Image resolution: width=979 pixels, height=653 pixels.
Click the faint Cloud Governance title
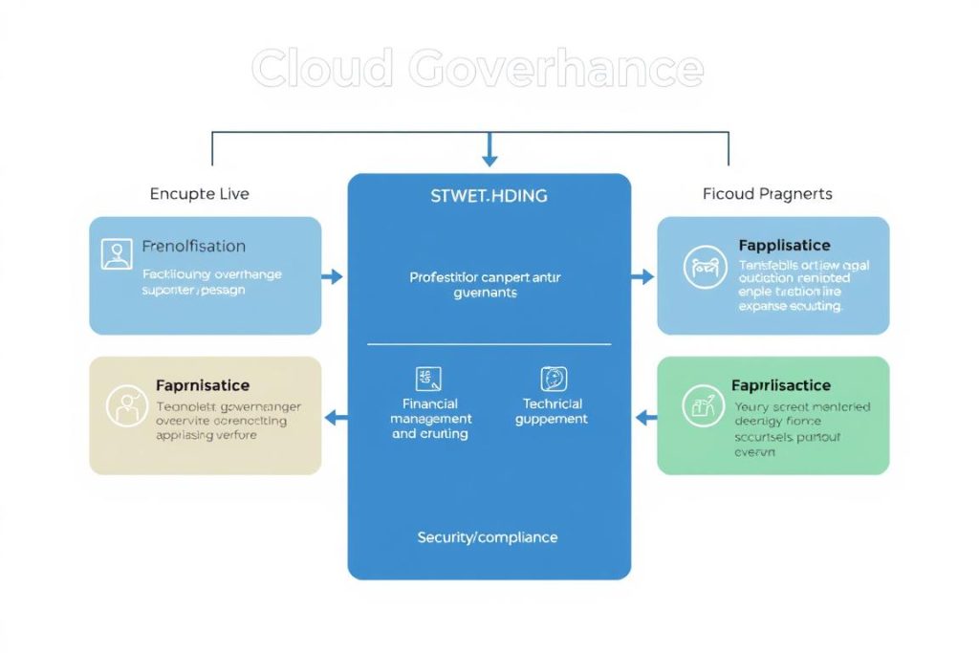click(477, 70)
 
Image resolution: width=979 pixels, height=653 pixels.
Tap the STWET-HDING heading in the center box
click(489, 196)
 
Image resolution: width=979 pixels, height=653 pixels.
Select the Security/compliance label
click(488, 537)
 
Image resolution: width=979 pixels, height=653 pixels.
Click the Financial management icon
click(427, 379)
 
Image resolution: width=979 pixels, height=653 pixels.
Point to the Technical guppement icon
click(554, 379)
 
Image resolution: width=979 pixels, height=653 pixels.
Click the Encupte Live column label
click(199, 194)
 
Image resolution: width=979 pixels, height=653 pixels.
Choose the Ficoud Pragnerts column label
click(767, 194)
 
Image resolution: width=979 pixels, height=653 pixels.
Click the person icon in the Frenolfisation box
click(117, 253)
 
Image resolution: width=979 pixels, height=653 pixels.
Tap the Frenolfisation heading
click(193, 247)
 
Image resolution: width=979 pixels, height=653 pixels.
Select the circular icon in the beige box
click(125, 405)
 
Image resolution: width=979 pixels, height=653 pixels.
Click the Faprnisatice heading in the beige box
click(202, 385)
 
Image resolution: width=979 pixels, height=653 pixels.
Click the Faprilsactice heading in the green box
click(780, 385)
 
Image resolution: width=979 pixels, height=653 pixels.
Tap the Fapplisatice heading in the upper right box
click(784, 246)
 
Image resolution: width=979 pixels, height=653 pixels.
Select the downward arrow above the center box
click(489, 151)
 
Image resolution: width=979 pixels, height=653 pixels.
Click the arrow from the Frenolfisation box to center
click(333, 277)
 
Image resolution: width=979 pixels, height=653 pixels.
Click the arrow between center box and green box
click(645, 417)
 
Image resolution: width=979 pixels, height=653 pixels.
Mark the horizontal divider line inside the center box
click(489, 344)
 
